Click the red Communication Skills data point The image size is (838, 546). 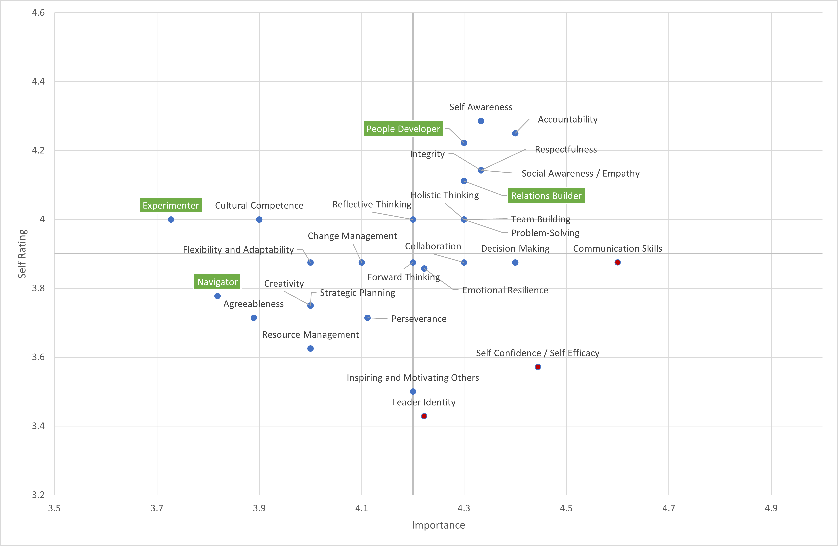(x=618, y=262)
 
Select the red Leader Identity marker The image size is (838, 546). (x=424, y=416)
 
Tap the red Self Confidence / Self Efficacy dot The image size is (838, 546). (x=538, y=367)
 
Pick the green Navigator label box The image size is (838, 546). (x=217, y=282)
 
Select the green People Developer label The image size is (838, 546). (x=403, y=129)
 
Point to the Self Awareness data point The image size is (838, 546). (x=481, y=121)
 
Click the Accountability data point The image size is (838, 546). (x=515, y=133)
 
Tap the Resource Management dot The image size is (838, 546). (x=310, y=348)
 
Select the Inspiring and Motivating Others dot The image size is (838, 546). (x=413, y=391)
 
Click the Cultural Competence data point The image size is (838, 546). (x=259, y=219)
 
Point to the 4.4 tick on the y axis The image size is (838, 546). (x=38, y=82)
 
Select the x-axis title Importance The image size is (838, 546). (x=438, y=525)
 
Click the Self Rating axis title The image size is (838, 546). (x=22, y=254)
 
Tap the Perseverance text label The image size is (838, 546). (x=419, y=319)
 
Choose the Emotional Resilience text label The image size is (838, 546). (x=505, y=290)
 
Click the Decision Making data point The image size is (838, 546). (x=515, y=262)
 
